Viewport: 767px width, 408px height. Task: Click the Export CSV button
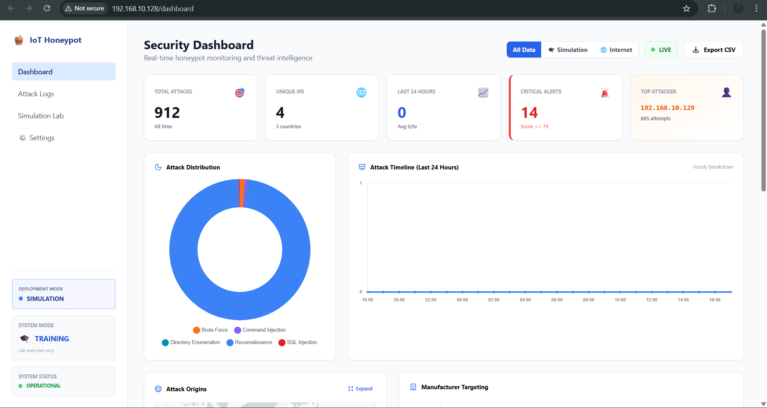713,50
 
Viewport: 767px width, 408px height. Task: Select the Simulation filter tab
568,50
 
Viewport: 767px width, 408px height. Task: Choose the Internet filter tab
616,50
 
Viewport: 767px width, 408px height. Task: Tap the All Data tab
524,50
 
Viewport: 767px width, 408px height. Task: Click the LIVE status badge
661,50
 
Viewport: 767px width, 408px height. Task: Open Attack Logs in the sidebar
36,94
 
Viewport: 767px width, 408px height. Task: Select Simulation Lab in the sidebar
41,116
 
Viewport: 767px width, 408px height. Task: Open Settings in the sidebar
42,138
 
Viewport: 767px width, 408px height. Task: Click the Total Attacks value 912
167,113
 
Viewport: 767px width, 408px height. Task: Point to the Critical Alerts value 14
529,113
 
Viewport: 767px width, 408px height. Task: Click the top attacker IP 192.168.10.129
667,108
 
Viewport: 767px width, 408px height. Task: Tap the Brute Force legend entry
211,330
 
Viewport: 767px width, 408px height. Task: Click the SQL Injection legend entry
298,342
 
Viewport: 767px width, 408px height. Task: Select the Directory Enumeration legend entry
191,342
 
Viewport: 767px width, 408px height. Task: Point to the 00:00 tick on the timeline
462,300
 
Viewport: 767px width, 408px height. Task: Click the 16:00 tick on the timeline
715,300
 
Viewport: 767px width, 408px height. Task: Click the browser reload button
47,8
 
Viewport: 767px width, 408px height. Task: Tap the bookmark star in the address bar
686,8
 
